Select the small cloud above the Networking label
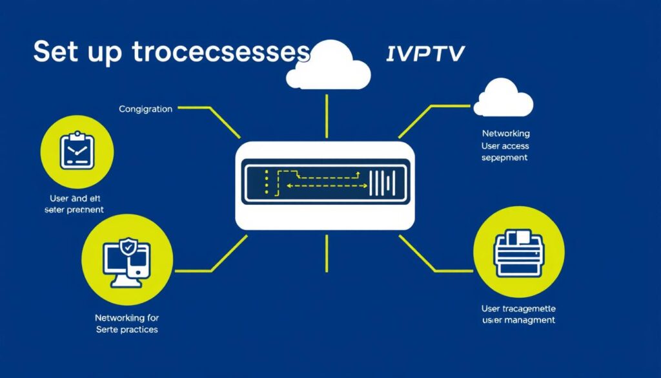[503, 99]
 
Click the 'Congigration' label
[145, 109]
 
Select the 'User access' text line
[505, 146]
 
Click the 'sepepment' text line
[505, 158]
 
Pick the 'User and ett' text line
[74, 198]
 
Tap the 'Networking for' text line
[127, 318]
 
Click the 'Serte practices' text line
[127, 330]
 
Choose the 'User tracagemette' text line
[518, 308]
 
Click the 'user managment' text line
[518, 320]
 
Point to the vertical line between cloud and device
[327, 116]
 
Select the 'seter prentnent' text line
[74, 210]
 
